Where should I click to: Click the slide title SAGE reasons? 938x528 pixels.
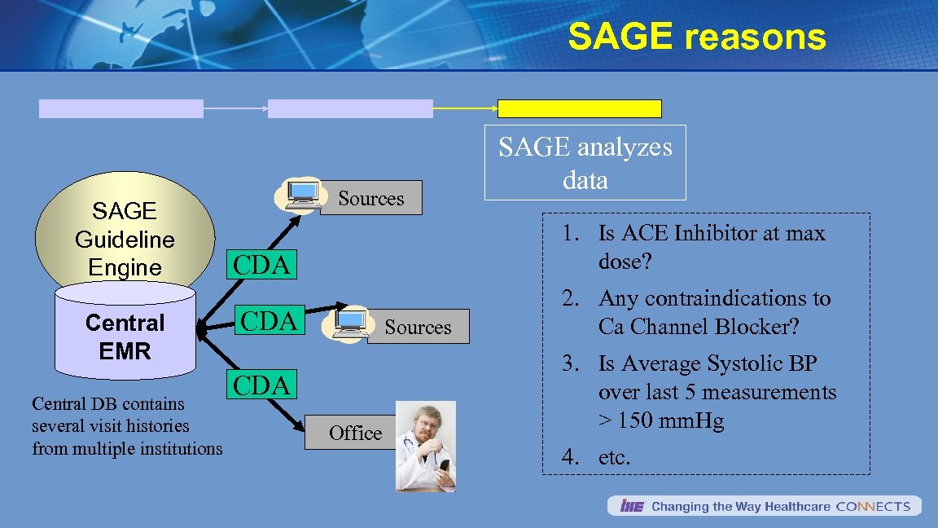pos(697,37)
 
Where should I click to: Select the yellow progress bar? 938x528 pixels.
pos(580,109)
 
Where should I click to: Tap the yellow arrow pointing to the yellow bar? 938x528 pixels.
pos(465,108)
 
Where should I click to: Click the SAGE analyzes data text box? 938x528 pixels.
pos(585,162)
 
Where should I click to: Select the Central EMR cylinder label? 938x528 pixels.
pos(125,337)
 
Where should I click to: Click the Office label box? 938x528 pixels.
pos(355,433)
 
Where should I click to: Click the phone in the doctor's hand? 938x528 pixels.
pos(444,466)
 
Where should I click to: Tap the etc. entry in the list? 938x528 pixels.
pos(614,458)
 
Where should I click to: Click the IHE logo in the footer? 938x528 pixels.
pos(632,506)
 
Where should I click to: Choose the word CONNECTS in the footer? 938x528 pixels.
pos(873,506)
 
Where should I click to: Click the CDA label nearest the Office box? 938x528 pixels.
pos(261,385)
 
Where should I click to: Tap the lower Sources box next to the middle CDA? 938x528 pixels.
pos(418,327)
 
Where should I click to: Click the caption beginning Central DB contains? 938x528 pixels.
pos(127,426)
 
